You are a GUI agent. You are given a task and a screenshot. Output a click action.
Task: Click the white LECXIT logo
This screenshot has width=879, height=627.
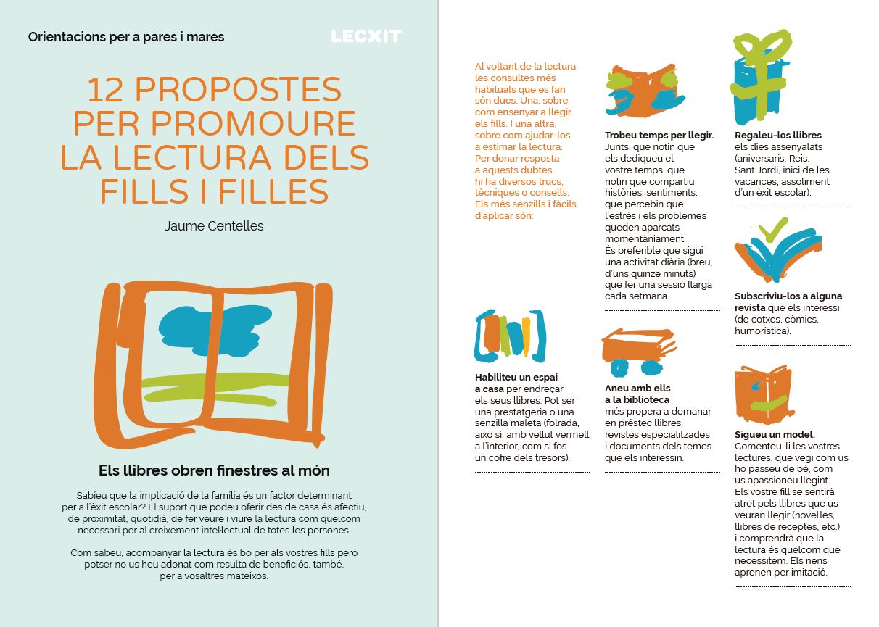[366, 36]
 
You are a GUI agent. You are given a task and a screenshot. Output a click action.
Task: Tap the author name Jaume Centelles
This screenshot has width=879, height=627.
[214, 226]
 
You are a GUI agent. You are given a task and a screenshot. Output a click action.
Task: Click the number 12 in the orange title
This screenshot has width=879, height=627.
[105, 89]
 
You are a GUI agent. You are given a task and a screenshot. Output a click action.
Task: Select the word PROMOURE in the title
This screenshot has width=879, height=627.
[253, 123]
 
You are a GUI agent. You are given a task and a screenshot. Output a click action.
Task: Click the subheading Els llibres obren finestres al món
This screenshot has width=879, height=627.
[214, 470]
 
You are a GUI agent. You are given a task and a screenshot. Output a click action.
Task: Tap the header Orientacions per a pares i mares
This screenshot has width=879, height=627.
[126, 37]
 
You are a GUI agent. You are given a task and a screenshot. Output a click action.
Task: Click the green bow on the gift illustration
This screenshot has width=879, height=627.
[763, 45]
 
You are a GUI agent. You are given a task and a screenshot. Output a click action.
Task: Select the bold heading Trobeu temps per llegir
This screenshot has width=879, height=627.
[659, 136]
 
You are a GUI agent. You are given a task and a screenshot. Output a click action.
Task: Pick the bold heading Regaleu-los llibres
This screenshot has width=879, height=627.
[778, 136]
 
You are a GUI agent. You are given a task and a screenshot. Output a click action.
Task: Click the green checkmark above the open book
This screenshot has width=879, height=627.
[773, 229]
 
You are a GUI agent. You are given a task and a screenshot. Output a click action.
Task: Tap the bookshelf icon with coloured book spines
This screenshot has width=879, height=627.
[510, 336]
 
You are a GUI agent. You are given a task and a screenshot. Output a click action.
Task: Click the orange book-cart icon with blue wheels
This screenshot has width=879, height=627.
[638, 351]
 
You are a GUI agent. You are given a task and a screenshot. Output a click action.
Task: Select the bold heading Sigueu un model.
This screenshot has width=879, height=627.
[775, 434]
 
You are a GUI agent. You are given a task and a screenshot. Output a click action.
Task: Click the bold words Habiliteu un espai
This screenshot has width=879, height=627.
[516, 377]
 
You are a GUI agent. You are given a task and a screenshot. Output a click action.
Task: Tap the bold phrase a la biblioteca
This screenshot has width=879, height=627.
[637, 400]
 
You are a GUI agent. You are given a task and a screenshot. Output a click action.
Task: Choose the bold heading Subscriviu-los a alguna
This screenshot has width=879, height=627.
[788, 296]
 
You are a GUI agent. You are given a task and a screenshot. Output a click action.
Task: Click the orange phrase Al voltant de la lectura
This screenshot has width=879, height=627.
[525, 66]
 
